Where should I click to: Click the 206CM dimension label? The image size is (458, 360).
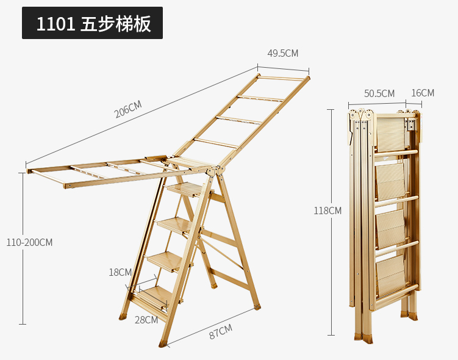tap(128, 109)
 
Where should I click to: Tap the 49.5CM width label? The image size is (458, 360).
tap(283, 53)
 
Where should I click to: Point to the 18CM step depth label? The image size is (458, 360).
tap(120, 272)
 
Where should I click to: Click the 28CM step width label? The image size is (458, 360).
tap(146, 319)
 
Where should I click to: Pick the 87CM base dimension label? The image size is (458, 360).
tap(220, 331)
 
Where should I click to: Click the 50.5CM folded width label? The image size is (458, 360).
tap(379, 93)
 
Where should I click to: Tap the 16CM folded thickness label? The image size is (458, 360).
tap(423, 93)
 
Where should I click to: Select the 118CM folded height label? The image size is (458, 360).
tap(327, 211)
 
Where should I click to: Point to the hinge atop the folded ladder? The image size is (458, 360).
tap(362, 115)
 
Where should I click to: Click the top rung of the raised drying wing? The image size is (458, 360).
tap(282, 78)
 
